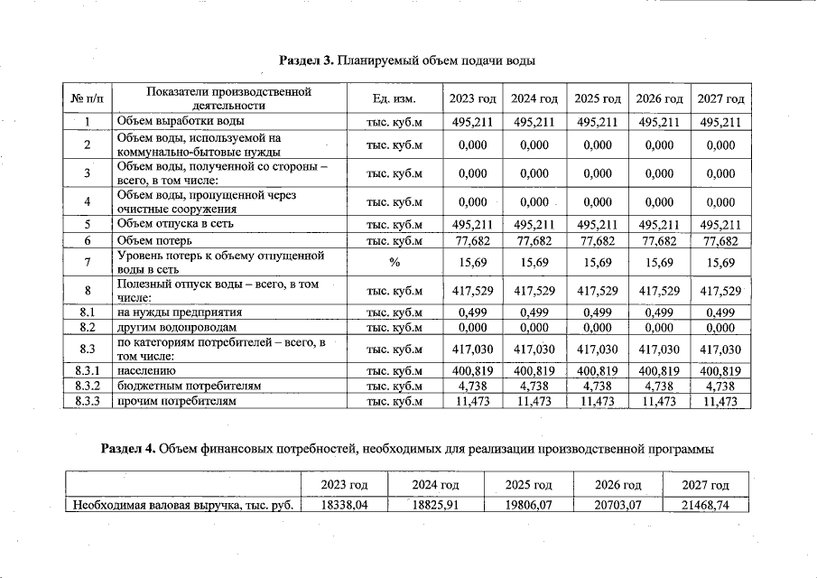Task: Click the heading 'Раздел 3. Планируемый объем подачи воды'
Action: pos(408,61)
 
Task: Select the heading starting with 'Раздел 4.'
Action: pos(408,448)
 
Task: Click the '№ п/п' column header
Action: pos(87,98)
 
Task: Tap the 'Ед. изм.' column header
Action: pos(394,98)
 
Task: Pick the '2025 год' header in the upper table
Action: pos(598,98)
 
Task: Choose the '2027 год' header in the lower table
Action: pos(707,486)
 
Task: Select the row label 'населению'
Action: pos(147,371)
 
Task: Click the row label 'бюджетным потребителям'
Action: pos(190,387)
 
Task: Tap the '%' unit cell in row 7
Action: pos(394,263)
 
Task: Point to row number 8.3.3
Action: pos(88,401)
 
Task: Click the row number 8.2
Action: pos(88,328)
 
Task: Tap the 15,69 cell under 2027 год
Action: pos(720,263)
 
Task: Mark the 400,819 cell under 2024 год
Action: pos(534,371)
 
